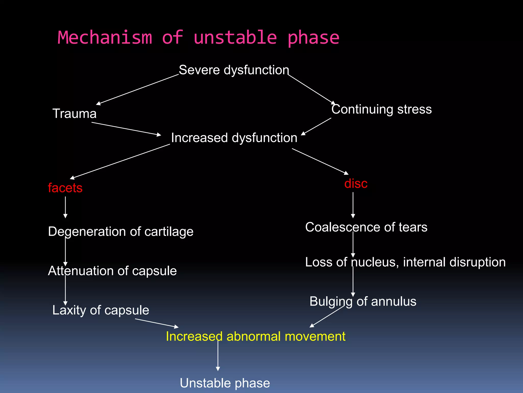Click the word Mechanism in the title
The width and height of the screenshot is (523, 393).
[105, 38]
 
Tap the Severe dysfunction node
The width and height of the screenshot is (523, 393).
[234, 70]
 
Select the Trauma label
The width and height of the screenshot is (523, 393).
[74, 114]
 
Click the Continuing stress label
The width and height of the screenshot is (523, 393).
[381, 109]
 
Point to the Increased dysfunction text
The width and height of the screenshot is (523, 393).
[234, 138]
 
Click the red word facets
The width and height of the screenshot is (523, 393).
[65, 188]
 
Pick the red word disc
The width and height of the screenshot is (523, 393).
[356, 183]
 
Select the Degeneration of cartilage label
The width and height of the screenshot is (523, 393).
[121, 232]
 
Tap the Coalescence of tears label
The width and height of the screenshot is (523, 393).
[366, 227]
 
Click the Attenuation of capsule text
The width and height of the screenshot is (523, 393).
[112, 271]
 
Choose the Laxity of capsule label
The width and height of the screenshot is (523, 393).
[101, 310]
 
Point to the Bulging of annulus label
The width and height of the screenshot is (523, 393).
[363, 301]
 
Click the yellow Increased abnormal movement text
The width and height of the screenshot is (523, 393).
[255, 336]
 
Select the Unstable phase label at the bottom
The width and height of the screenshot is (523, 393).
[225, 383]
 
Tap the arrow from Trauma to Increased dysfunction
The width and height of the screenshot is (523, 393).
[126, 129]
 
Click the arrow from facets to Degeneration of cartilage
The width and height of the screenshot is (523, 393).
[65, 207]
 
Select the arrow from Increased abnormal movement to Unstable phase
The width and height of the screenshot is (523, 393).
[218, 356]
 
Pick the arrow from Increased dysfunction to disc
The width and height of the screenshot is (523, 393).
[320, 161]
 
